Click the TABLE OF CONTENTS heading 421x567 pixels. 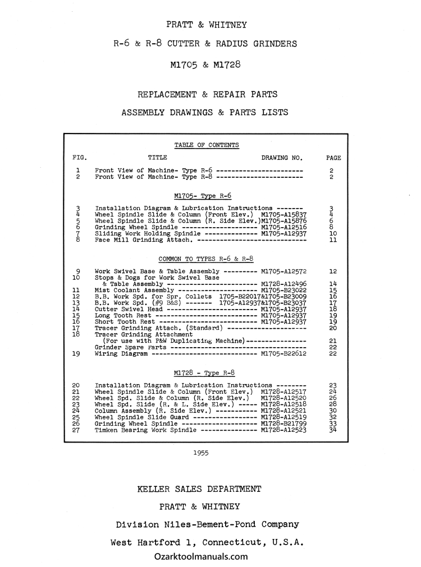click(207, 145)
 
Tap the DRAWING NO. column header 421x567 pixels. click(282, 158)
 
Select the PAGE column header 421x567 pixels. click(333, 158)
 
